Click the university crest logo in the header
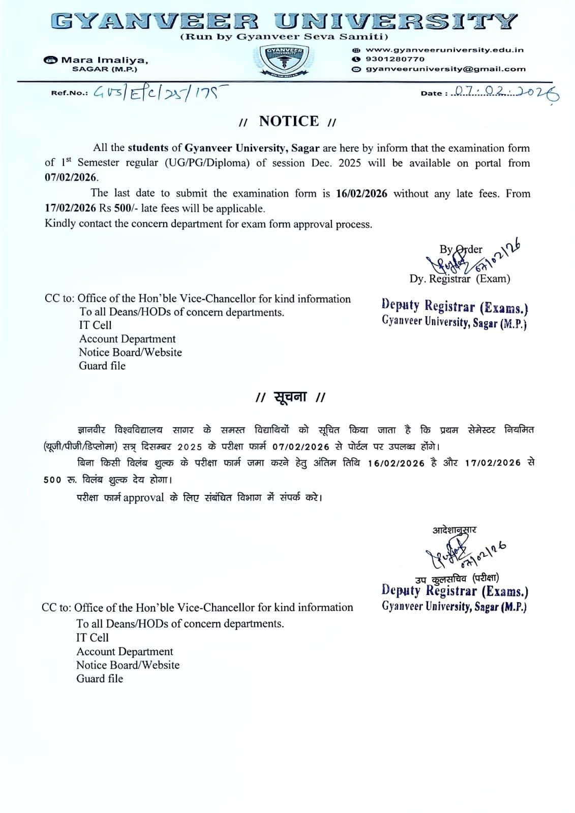(284, 61)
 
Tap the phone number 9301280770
(395, 59)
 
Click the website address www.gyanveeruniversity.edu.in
(444, 50)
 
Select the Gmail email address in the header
(445, 69)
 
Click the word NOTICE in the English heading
(289, 121)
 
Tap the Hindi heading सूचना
(290, 397)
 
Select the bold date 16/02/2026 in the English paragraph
(361, 194)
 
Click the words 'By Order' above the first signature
(461, 249)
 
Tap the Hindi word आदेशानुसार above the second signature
(454, 530)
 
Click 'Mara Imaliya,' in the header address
(105, 60)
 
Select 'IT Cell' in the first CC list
(95, 325)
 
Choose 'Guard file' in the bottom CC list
(100, 678)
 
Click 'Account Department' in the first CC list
(127, 339)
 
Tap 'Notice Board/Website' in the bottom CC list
(128, 665)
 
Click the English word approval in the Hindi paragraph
(143, 497)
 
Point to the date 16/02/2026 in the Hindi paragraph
(396, 463)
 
